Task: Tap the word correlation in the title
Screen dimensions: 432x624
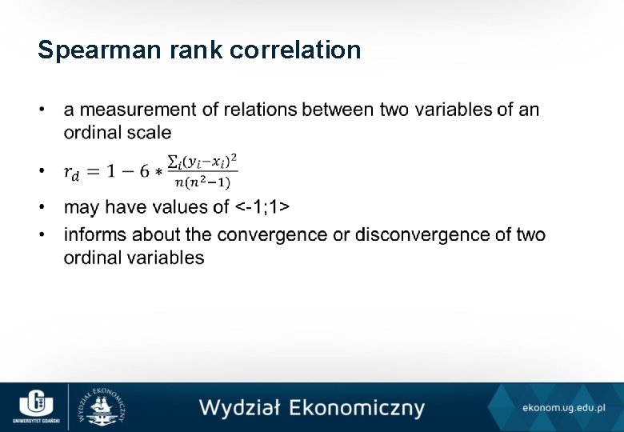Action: pos(295,50)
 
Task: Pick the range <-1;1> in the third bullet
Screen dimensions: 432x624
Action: pos(262,207)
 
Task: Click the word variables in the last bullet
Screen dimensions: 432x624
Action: pos(167,258)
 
